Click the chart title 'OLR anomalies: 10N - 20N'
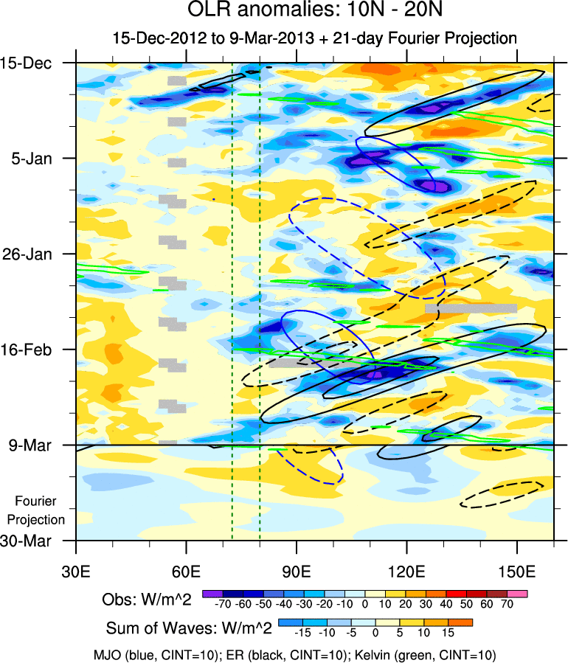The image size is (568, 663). click(284, 12)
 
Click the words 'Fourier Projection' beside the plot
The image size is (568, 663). click(40, 510)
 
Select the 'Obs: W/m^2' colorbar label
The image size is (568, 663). click(148, 600)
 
